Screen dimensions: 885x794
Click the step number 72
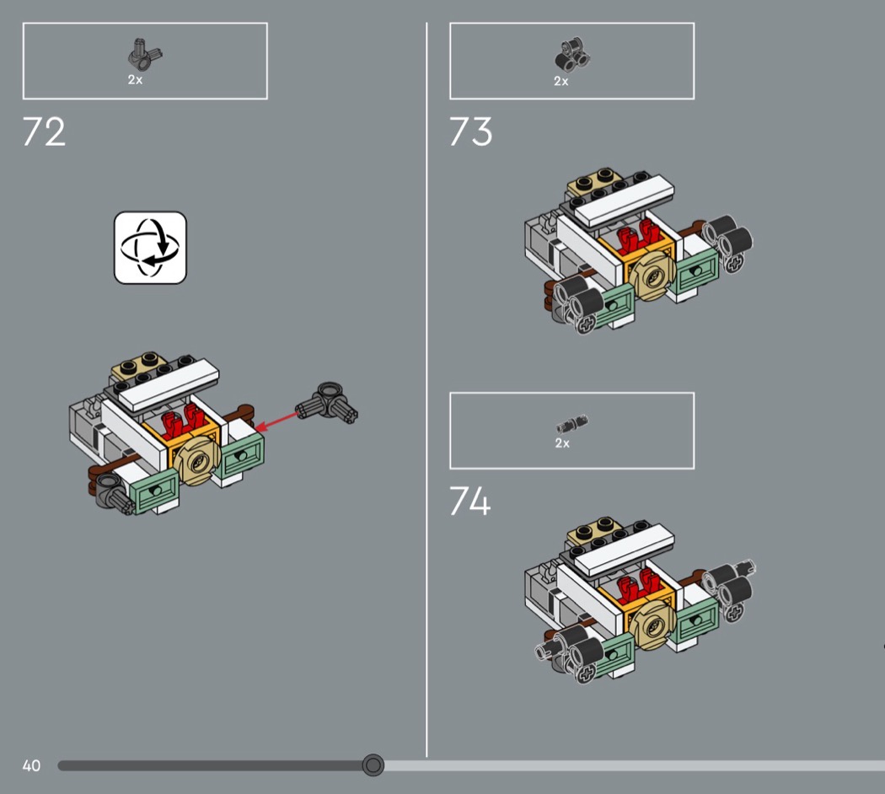click(x=44, y=132)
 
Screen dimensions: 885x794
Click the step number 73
click(x=470, y=132)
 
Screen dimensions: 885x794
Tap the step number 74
click(x=470, y=502)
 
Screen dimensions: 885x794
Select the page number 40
click(x=32, y=766)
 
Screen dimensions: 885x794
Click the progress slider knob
click(x=373, y=765)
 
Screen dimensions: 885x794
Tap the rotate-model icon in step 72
click(x=150, y=248)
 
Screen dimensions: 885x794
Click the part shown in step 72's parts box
click(x=144, y=55)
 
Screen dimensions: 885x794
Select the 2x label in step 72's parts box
click(x=135, y=80)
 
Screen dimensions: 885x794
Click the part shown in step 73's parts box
click(x=572, y=56)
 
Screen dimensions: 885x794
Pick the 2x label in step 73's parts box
click(x=561, y=81)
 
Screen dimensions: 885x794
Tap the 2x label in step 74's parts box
click(x=562, y=443)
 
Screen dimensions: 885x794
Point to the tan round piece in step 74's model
click(x=652, y=624)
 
